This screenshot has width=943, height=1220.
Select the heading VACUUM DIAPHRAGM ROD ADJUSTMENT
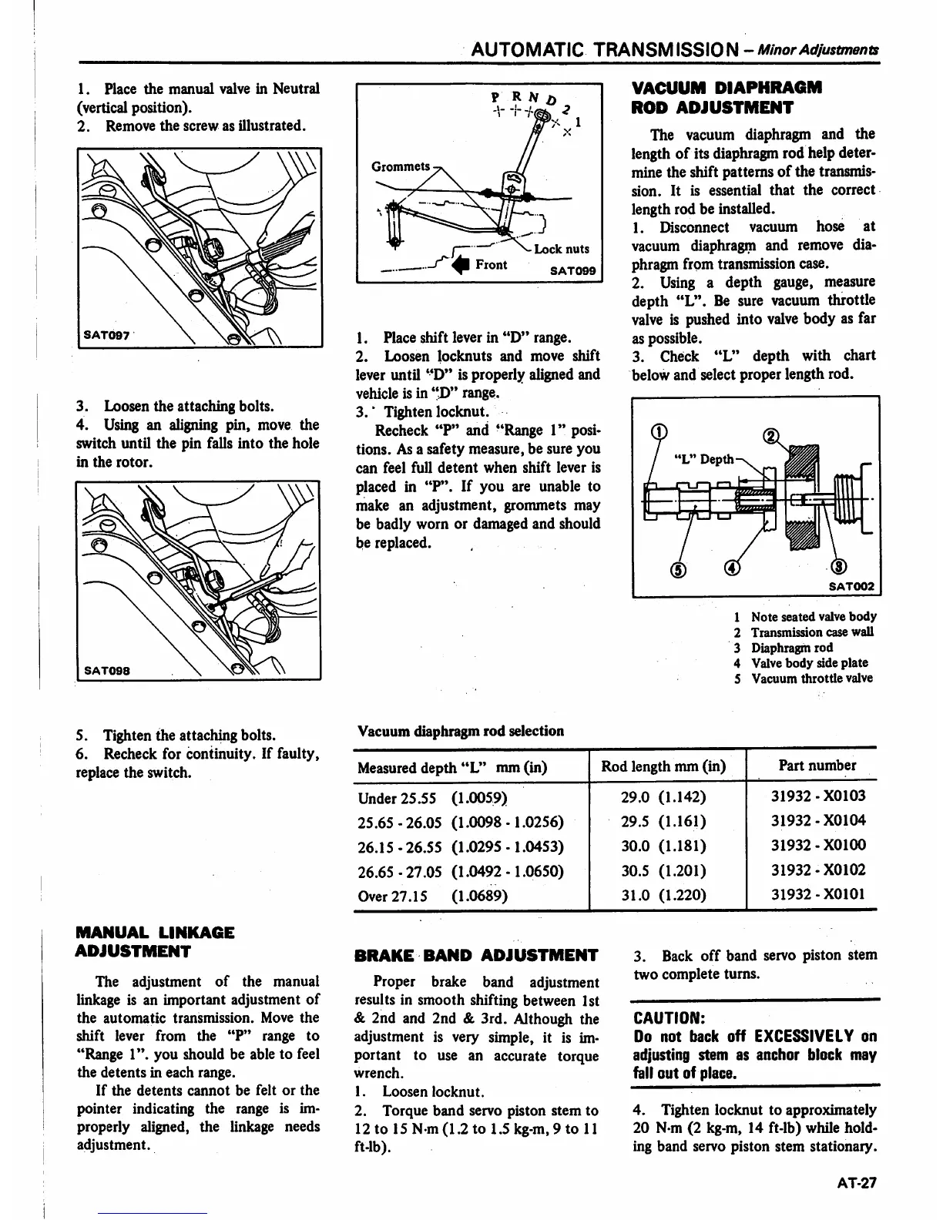(727, 97)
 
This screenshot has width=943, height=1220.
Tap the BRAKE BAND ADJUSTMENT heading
(475, 956)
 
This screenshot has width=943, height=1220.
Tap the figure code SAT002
(851, 587)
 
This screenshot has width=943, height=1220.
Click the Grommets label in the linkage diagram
(401, 166)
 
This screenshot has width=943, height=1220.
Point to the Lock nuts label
(561, 249)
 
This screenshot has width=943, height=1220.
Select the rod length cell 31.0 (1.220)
(663, 895)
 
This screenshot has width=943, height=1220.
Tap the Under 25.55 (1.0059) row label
(432, 796)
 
